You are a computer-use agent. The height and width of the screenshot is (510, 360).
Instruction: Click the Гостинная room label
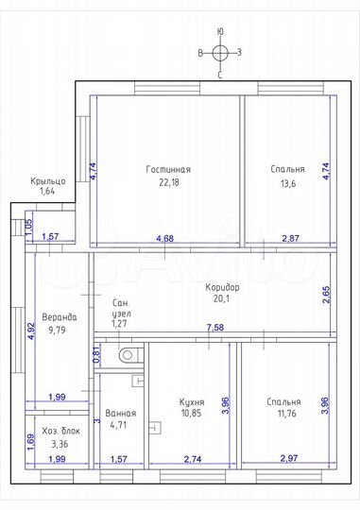tap(168, 169)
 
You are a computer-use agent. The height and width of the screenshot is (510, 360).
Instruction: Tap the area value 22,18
tap(169, 182)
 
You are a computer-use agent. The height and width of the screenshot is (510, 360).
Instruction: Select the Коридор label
tap(222, 287)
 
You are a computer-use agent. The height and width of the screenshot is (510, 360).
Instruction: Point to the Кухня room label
tap(192, 402)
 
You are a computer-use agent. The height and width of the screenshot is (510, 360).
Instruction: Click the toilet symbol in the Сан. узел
tap(129, 355)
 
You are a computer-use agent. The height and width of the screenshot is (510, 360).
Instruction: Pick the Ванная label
tap(121, 414)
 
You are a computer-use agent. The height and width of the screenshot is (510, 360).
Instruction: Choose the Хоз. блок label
tap(60, 432)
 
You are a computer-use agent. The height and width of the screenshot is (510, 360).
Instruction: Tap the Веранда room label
tap(60, 317)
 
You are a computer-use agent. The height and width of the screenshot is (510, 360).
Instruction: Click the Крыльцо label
tap(48, 180)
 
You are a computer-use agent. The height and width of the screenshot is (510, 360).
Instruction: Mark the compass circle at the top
tap(220, 53)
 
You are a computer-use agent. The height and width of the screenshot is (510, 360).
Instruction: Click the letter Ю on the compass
tap(220, 31)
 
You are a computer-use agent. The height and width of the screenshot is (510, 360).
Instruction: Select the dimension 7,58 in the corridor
tap(215, 327)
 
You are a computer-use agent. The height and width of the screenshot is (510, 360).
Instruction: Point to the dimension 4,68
tap(165, 238)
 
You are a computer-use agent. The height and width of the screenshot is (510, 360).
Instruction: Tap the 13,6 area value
tap(288, 184)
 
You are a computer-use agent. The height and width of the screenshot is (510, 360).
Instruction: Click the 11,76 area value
tap(286, 414)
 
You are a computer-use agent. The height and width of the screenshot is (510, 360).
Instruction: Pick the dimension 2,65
tap(326, 295)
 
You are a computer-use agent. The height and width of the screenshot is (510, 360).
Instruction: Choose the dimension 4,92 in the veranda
tap(32, 331)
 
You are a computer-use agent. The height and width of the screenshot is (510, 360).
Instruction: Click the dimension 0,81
tap(96, 356)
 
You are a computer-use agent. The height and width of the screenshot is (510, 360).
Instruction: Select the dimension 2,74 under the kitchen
tap(193, 459)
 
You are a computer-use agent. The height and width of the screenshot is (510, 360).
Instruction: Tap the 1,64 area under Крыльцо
tap(47, 191)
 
